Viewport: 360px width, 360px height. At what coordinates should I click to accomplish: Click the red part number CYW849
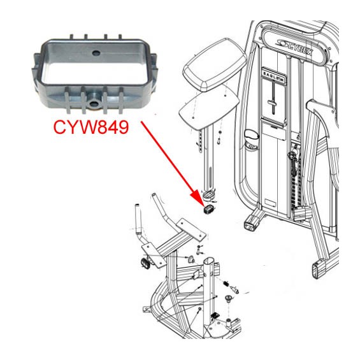[x=91, y=127]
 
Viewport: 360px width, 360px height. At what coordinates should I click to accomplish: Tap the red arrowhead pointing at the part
[x=198, y=197]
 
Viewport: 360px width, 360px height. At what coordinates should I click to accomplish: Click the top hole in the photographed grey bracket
[x=96, y=53]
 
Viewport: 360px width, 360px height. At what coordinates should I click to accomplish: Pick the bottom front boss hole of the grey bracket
[x=94, y=104]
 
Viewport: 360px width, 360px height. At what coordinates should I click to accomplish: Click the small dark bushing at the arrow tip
[x=209, y=209]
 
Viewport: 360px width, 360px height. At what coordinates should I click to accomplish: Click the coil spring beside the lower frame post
[x=226, y=284]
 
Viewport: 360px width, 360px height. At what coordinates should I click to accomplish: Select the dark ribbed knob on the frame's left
[x=145, y=263]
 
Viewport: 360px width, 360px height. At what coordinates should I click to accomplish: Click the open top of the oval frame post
[x=210, y=261]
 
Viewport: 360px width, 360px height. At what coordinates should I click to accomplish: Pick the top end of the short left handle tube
[x=137, y=205]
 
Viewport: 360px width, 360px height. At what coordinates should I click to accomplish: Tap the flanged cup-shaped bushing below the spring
[x=229, y=298]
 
